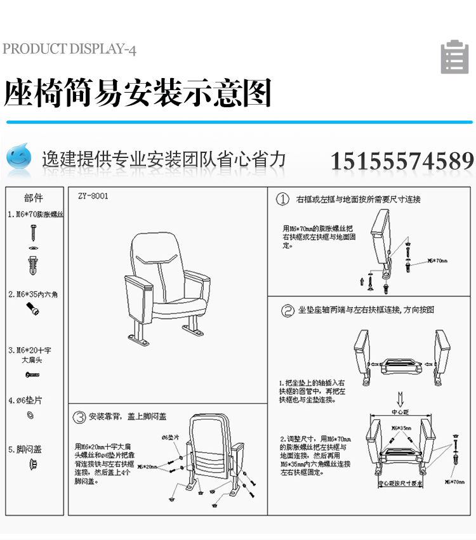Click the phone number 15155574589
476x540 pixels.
pyautogui.click(x=402, y=161)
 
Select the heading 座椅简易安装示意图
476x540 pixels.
pyautogui.click(x=138, y=93)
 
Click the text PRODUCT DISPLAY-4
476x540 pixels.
pyautogui.click(x=69, y=49)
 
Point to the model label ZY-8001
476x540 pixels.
pyautogui.click(x=93, y=196)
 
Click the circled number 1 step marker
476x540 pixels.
pyautogui.click(x=283, y=199)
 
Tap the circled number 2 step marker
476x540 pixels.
pyautogui.click(x=287, y=310)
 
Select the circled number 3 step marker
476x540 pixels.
pyautogui.click(x=79, y=417)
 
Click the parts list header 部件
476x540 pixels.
pyautogui.click(x=34, y=198)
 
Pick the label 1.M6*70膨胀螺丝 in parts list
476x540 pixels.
pyautogui.click(x=36, y=214)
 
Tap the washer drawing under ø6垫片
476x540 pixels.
pyautogui.click(x=29, y=415)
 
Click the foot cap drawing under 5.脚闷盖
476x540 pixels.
pyautogui.click(x=34, y=465)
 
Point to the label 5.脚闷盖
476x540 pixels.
pyautogui.click(x=25, y=449)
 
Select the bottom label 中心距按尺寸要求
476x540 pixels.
pyautogui.click(x=400, y=484)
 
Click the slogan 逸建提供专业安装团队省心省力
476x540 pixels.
pyautogui.click(x=164, y=159)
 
